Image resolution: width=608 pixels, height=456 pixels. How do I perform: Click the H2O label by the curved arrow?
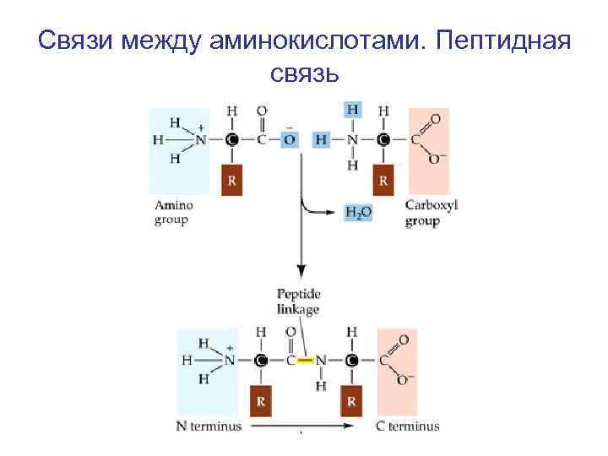click(358, 213)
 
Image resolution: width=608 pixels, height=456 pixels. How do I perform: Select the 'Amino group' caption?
click(174, 212)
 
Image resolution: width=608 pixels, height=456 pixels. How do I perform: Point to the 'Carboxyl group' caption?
click(426, 213)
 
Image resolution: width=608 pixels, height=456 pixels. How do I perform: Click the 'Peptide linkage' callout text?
click(299, 301)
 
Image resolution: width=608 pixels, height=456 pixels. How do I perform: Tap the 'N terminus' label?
click(207, 426)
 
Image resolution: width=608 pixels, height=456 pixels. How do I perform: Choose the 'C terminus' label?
click(408, 426)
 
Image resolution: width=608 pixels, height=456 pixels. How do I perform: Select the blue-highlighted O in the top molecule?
click(289, 140)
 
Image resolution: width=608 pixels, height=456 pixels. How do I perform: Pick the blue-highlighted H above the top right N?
click(353, 111)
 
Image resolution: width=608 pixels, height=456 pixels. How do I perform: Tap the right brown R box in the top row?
click(383, 180)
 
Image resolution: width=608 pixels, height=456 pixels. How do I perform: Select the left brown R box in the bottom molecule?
click(263, 399)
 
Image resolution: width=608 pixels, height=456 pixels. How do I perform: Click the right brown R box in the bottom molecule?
click(351, 399)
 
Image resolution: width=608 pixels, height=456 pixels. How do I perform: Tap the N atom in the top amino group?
click(202, 140)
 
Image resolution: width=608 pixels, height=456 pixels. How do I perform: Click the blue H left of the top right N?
click(320, 140)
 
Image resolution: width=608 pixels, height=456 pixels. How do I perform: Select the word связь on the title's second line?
click(305, 76)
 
